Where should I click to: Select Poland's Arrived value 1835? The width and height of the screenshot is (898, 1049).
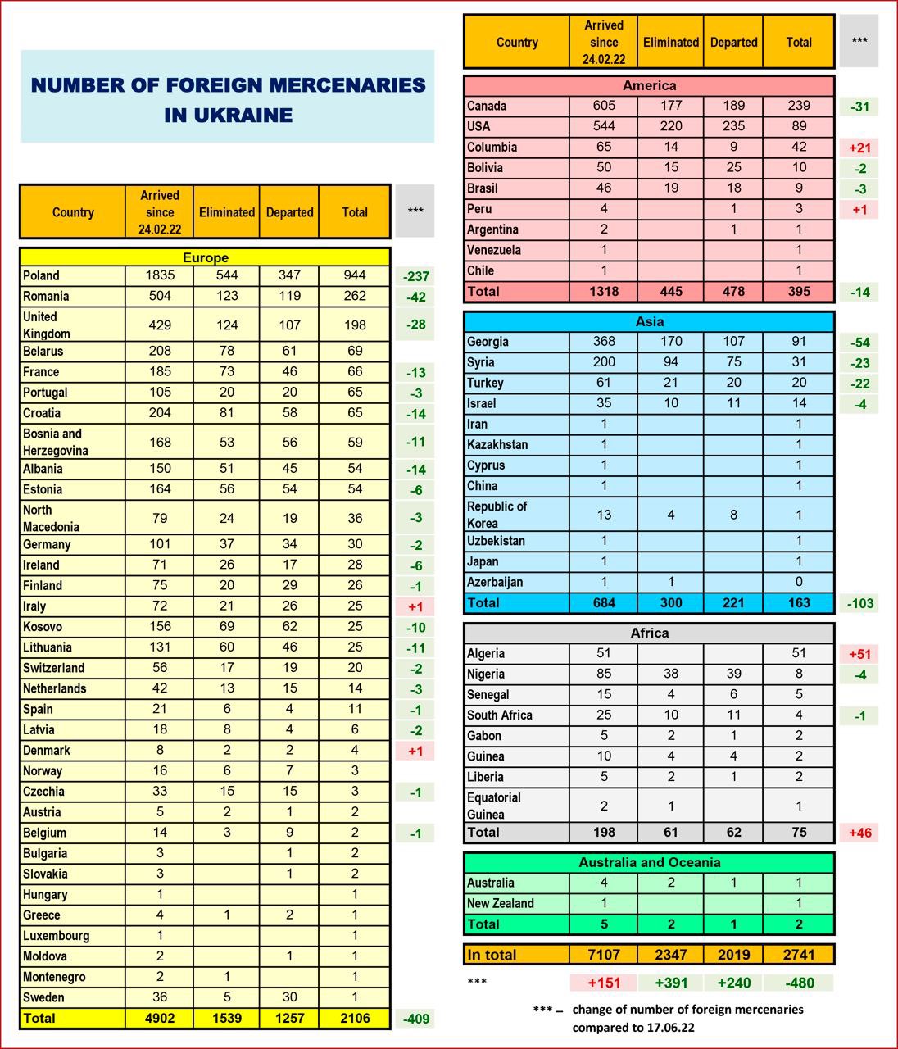tap(160, 276)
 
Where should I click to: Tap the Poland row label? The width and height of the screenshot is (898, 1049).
tap(41, 276)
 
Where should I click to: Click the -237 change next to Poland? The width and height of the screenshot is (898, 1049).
tap(416, 277)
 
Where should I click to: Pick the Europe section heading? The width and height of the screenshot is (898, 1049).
tap(205, 257)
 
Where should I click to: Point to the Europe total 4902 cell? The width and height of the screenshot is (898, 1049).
tap(160, 1018)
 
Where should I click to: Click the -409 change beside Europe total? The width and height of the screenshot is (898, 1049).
tap(416, 1019)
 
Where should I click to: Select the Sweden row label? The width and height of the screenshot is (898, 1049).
tap(43, 997)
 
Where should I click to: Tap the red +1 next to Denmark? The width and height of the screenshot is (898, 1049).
tap(416, 751)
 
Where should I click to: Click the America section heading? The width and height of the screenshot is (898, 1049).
tap(649, 85)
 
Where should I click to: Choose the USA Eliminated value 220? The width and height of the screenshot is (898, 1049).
tap(671, 126)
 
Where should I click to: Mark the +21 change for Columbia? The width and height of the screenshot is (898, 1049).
tap(859, 148)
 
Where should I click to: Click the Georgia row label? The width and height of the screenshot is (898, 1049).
tap(488, 342)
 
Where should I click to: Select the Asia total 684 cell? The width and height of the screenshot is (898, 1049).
tap(604, 602)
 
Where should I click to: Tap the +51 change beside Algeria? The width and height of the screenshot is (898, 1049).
tap(860, 654)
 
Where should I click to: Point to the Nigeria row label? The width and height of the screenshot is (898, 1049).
tap(486, 674)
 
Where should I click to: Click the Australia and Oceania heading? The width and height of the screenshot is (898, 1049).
tap(649, 862)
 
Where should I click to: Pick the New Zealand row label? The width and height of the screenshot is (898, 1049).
tap(500, 903)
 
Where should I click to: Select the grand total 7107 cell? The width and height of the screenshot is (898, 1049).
tap(604, 954)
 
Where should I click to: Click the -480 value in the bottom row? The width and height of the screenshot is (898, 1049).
tap(799, 983)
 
